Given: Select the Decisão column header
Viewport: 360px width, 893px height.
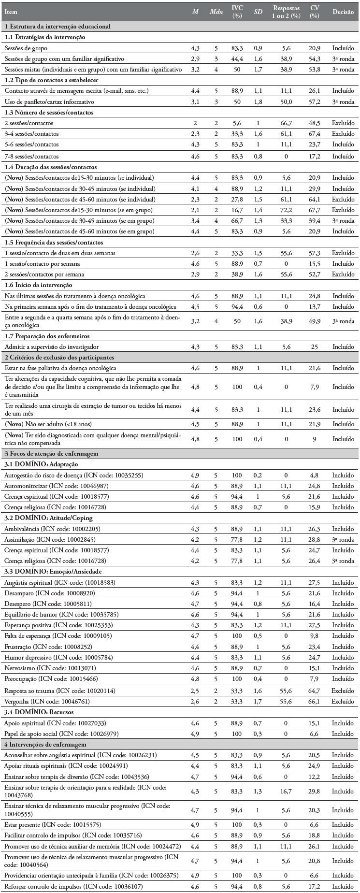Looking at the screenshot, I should click(343, 12).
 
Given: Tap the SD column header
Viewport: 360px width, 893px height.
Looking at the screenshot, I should click(258, 12).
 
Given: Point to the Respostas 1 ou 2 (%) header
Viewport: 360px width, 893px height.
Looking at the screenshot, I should click(286, 12).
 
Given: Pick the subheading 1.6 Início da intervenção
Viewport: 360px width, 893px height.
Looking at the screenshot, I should click(38, 285).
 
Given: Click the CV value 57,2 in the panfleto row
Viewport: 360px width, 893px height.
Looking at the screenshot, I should click(315, 102).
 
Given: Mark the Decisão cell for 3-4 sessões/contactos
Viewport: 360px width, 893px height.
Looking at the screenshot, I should click(343, 134).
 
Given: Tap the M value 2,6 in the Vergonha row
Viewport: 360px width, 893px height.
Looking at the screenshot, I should click(195, 701).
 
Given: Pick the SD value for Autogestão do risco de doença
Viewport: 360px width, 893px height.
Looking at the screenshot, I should click(258, 475).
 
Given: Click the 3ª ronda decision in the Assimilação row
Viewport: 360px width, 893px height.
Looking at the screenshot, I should click(343, 540).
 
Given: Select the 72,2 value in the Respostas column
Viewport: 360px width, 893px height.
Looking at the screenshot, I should click(286, 210).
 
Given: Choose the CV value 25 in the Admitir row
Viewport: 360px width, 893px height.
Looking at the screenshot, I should click(315, 346).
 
